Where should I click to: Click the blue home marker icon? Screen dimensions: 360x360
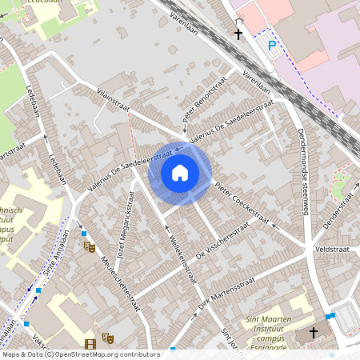(x=180, y=173)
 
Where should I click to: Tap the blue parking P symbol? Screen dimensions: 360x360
(x=272, y=46)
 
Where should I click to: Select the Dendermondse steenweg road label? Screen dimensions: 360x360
(x=303, y=172)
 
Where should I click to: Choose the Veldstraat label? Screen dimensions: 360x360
(x=330, y=249)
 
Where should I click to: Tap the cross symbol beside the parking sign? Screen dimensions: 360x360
(x=238, y=34)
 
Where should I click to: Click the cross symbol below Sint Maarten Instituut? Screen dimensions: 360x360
(x=313, y=333)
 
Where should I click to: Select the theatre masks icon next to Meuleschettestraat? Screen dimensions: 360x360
(x=89, y=247)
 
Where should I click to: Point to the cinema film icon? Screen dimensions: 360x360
(x=90, y=344)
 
